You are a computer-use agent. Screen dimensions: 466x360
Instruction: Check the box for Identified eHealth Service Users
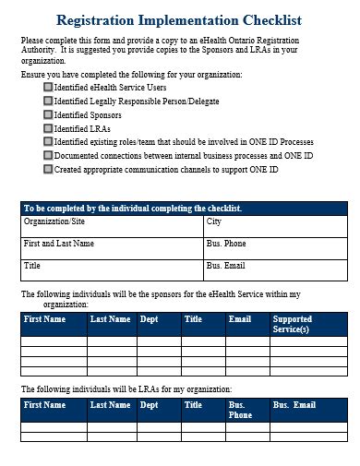point(48,87)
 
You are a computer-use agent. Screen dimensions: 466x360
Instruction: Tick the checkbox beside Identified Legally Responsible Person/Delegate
point(48,101)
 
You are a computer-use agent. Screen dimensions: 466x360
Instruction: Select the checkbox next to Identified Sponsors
point(48,114)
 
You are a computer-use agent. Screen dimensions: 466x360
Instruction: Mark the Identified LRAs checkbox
point(48,128)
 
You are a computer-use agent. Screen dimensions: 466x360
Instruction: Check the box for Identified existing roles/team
point(48,142)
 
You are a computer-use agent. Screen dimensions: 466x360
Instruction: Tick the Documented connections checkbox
point(48,156)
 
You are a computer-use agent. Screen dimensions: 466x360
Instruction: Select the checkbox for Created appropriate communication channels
point(48,170)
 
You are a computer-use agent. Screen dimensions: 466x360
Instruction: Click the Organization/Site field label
point(55,222)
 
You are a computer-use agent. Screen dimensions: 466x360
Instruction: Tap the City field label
point(214,222)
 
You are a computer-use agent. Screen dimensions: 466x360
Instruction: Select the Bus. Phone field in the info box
point(226,244)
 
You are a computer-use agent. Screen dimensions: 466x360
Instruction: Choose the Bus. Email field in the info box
point(226,266)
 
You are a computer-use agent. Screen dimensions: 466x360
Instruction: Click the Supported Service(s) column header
point(292,324)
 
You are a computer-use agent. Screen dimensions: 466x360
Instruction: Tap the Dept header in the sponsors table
point(148,319)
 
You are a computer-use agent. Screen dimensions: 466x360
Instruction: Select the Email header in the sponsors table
point(240,319)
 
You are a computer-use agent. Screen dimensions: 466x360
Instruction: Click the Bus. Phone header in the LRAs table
point(240,410)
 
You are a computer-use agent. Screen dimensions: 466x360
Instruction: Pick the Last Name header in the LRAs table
point(110,405)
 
